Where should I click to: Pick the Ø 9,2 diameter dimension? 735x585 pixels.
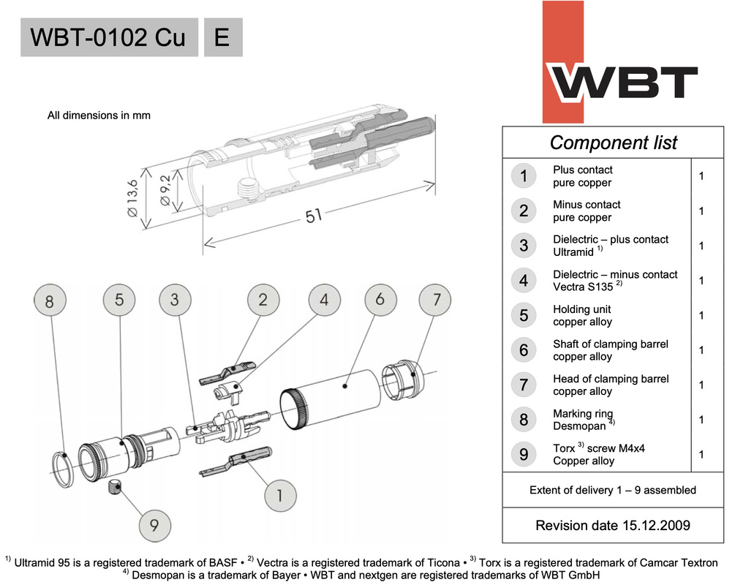[x=166, y=192]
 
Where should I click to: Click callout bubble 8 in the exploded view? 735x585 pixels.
[x=50, y=301]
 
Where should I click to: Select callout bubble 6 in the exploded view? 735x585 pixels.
[x=380, y=301]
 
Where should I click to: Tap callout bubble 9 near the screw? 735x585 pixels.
[x=154, y=525]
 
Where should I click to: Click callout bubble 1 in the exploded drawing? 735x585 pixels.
[x=278, y=495]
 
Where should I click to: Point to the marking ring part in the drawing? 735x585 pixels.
[x=64, y=469]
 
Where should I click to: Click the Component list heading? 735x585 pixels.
[x=613, y=142]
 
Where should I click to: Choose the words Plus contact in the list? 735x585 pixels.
[x=582, y=170]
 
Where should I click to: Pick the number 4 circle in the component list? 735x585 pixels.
[x=524, y=281]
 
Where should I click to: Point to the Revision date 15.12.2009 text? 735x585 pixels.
[x=613, y=525]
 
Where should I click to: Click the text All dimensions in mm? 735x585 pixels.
[x=99, y=115]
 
